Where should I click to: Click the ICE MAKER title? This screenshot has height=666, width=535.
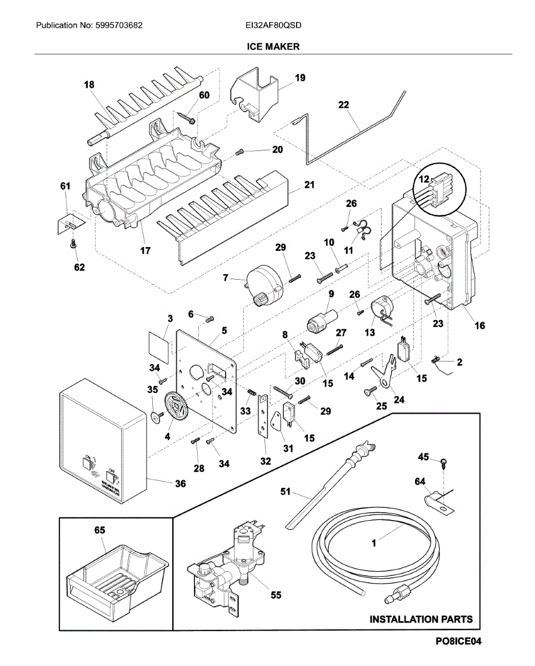coord(273,47)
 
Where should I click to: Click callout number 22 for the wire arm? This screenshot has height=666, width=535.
coord(344,104)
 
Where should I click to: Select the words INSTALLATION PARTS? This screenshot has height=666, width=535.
coord(421,619)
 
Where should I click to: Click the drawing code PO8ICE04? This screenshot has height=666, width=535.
coord(458,641)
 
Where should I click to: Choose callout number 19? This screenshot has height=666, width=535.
coord(300,78)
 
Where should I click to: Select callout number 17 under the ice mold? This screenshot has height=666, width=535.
coord(144,250)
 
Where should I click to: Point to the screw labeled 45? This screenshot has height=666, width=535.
coord(444,462)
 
